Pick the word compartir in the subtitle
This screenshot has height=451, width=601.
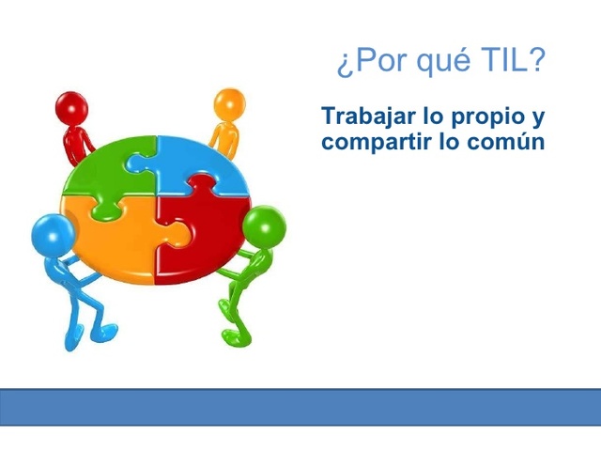[376, 144]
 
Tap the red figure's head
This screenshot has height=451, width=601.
[70, 106]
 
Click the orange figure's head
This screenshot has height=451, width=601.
[228, 102]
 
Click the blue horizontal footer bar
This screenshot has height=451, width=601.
[300, 407]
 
